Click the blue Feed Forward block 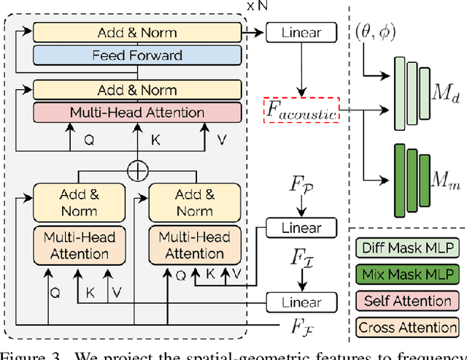click(137, 55)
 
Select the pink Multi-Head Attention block click(137, 112)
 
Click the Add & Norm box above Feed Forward click(137, 33)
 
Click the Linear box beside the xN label click(302, 32)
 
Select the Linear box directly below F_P click(302, 227)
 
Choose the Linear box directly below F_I click(302, 302)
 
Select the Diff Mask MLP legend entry click(408, 248)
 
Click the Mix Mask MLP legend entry click(408, 274)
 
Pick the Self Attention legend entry click(408, 300)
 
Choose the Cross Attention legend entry click(408, 326)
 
